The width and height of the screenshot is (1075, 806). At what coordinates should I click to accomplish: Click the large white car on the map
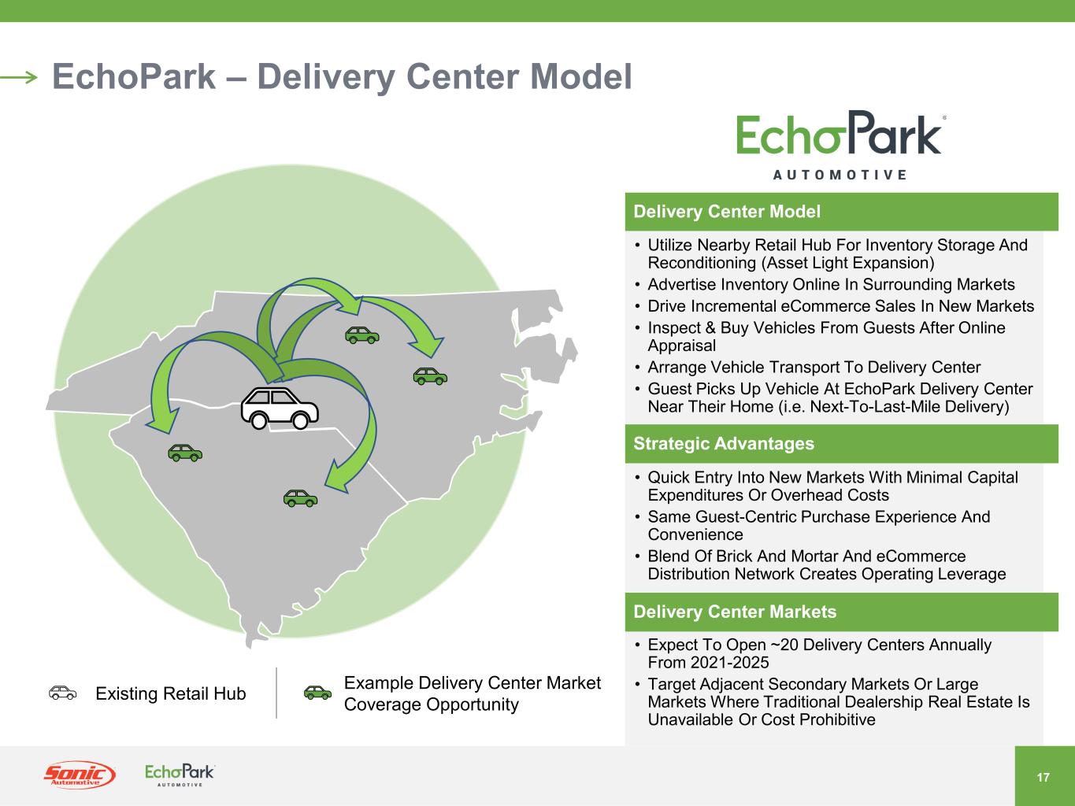(x=280, y=408)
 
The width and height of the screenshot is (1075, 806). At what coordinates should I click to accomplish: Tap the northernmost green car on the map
(x=362, y=335)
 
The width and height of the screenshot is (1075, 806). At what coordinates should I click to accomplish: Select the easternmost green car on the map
(x=430, y=376)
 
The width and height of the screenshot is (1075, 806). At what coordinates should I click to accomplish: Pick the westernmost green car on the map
(x=185, y=452)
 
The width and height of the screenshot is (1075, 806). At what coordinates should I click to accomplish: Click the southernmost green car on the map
(x=300, y=497)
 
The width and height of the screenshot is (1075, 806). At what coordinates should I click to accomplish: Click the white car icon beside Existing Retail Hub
(x=63, y=693)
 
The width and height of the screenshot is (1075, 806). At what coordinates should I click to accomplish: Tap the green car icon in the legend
(x=318, y=693)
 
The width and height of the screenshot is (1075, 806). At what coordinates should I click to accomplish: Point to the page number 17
(x=1043, y=778)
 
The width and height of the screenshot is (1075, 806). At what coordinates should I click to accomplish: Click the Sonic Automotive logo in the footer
(x=79, y=775)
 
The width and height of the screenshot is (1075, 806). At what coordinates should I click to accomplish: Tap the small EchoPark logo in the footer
(x=180, y=775)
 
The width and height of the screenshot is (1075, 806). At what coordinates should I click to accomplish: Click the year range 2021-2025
(x=728, y=663)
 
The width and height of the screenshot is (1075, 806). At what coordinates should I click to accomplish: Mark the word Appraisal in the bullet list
(x=681, y=346)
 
